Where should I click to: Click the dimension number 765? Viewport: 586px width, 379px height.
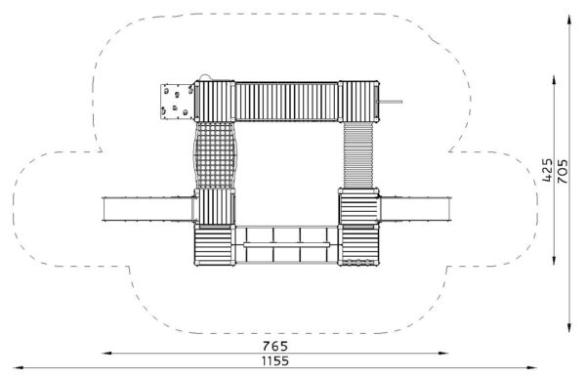275,346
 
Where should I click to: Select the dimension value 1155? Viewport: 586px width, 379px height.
275,361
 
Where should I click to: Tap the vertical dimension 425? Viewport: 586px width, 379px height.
547,170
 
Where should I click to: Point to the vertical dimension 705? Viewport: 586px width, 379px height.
563,171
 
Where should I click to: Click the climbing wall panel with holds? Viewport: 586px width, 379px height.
177,102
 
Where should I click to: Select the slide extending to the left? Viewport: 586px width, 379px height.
148,209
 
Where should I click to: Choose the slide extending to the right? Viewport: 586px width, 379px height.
416,209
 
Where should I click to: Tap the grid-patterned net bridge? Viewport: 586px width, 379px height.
215,155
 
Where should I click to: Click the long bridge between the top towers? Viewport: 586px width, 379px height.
286,102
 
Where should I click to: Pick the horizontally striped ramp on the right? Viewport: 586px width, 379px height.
358,155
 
